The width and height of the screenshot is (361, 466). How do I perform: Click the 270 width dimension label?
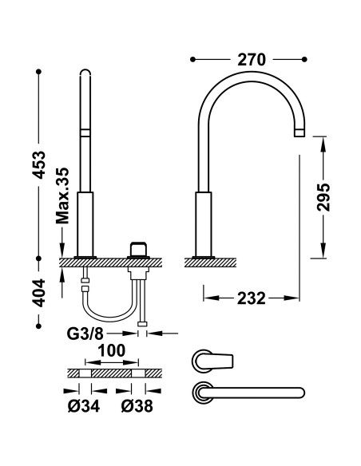pos(252,60)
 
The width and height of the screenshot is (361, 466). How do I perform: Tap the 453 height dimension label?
pos(39,164)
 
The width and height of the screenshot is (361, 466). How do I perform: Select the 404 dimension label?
pos(39,292)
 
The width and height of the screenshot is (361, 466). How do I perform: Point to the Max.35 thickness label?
pos(62,195)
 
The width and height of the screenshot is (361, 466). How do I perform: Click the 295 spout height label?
pos(323,197)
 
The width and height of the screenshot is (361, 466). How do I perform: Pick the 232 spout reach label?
pos(252,298)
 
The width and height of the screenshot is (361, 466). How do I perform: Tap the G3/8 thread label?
pos(85,334)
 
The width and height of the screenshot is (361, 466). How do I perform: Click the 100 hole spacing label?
pos(112,350)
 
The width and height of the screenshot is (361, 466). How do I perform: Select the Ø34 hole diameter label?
pos(84,405)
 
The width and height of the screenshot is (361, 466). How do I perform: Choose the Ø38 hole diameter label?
pos(137,405)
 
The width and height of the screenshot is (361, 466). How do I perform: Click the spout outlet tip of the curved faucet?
pos(300,133)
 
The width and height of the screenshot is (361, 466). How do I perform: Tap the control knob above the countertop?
pos(138,249)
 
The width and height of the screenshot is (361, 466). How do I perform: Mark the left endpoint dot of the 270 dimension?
pos(192,60)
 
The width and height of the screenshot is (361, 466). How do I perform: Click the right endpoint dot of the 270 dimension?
pos(304,60)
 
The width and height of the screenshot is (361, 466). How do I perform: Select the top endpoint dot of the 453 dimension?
pos(38,72)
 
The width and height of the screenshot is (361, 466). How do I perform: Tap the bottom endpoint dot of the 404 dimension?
pos(38,326)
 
